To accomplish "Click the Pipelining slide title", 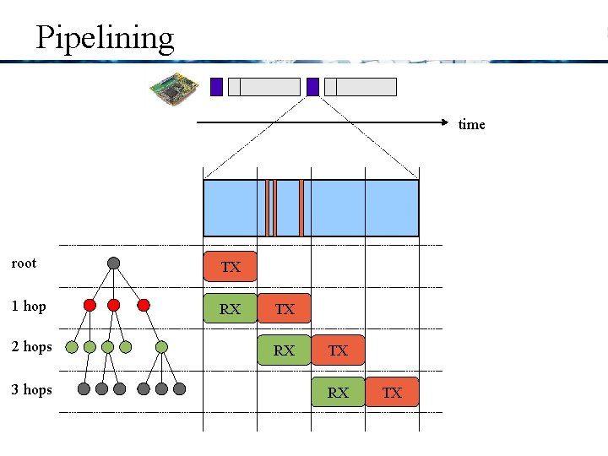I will (x=105, y=38).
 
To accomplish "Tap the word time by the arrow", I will (x=471, y=125).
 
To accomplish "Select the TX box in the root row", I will (x=231, y=267).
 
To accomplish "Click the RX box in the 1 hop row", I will (x=230, y=309).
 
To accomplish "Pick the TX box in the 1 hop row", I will (x=285, y=309).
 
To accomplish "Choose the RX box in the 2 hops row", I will (x=284, y=350).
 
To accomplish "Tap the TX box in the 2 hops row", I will (x=338, y=350).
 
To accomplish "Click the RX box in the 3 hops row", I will (x=338, y=392).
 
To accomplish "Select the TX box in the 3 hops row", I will (x=392, y=392).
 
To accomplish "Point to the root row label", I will (x=24, y=263).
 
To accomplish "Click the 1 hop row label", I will (x=29, y=306).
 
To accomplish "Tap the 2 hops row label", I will (x=31, y=346).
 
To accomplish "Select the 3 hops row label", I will (x=31, y=389).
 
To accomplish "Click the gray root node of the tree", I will (x=114, y=263).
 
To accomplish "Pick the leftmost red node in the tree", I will (x=90, y=305).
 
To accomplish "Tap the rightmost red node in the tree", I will (x=144, y=305).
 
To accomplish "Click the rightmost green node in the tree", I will (x=161, y=346).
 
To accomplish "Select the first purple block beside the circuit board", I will (x=216, y=86).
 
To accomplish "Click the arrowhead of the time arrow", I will (x=450, y=123).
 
